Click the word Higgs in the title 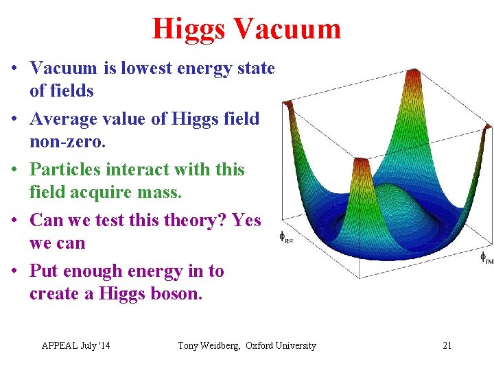(189, 29)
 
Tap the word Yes (246, 220)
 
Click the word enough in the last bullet (102, 271)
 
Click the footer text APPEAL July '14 (75, 345)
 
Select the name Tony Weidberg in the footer (209, 345)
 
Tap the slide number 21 (447, 345)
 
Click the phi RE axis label (285, 237)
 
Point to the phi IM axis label (486, 258)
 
